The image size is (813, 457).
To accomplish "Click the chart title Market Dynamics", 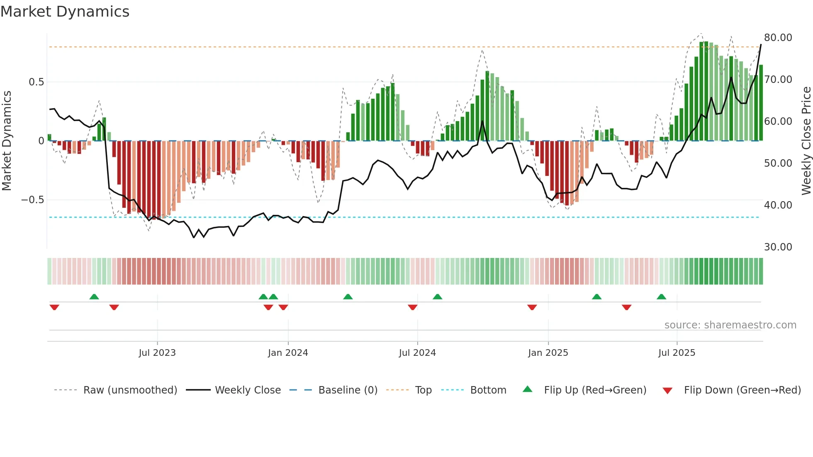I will click(x=65, y=12).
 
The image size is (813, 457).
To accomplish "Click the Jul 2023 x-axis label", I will click(x=157, y=353).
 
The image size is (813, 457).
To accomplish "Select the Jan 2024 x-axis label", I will click(x=288, y=353).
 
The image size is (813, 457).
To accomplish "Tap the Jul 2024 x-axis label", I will click(x=417, y=353).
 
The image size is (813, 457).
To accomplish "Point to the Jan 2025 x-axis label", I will click(x=548, y=353).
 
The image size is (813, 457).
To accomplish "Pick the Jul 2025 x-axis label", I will click(x=677, y=353).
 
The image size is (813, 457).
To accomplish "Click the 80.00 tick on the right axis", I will click(x=778, y=38).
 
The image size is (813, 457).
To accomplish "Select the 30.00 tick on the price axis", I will click(x=778, y=247).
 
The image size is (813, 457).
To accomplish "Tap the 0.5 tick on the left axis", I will click(x=36, y=82).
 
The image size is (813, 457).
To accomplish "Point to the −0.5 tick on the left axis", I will click(x=33, y=200).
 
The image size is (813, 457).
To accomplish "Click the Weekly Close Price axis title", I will click(x=806, y=141).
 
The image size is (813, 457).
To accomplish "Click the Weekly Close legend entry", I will click(x=248, y=390).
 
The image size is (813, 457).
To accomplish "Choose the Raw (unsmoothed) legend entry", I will click(x=130, y=390).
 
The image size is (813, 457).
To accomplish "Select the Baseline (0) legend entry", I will click(x=348, y=390).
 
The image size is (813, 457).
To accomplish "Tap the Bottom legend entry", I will click(x=488, y=390).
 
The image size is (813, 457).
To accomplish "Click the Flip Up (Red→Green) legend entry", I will click(x=595, y=390).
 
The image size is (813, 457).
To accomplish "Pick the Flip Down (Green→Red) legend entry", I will click(x=742, y=390).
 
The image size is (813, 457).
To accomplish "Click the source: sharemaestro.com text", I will click(x=730, y=325).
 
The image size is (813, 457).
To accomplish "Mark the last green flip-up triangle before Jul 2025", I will click(x=661, y=297).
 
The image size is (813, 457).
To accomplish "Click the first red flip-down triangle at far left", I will click(x=54, y=307).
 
